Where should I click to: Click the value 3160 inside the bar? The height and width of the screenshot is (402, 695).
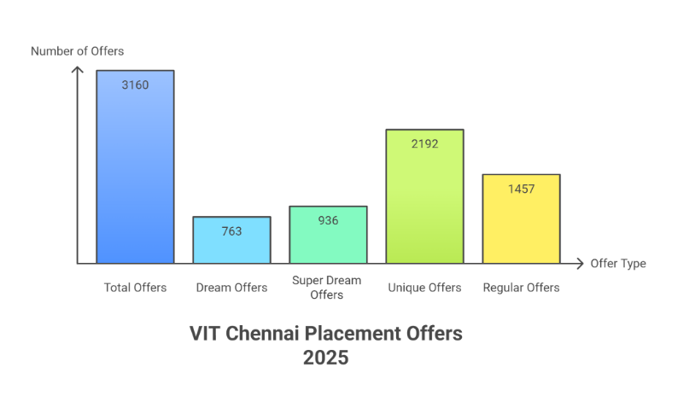point(135,84)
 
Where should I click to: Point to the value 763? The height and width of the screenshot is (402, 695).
point(231,230)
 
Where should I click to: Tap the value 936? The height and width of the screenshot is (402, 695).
point(328,220)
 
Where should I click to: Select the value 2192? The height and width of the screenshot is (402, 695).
point(424,143)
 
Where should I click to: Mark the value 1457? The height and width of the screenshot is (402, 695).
point(521,189)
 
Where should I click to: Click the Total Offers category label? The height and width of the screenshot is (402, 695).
point(135,288)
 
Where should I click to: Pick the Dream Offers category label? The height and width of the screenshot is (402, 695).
point(231,288)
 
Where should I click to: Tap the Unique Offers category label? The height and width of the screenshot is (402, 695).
point(424,288)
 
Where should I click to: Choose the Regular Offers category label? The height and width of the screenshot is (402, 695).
point(521,288)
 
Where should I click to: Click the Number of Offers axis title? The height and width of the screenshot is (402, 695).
point(77,51)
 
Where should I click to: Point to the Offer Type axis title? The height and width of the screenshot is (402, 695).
point(618,263)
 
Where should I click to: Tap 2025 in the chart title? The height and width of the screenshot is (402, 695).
point(325,358)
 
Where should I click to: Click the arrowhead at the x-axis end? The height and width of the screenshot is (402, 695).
point(581,263)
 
